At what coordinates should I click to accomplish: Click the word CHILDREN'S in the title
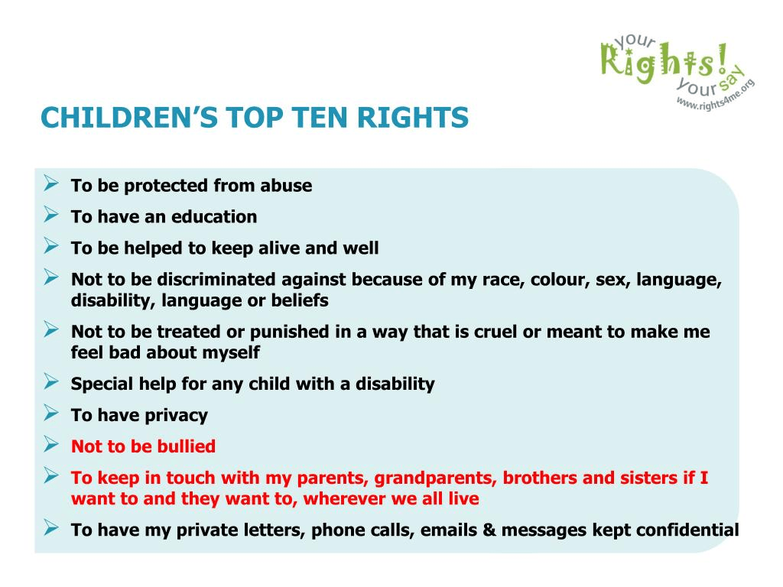(x=129, y=118)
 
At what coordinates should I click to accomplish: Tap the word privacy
(x=176, y=416)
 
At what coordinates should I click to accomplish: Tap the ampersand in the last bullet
(x=489, y=530)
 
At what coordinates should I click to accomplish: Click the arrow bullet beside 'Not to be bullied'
(x=51, y=444)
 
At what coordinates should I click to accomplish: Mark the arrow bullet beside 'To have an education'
(x=51, y=214)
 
